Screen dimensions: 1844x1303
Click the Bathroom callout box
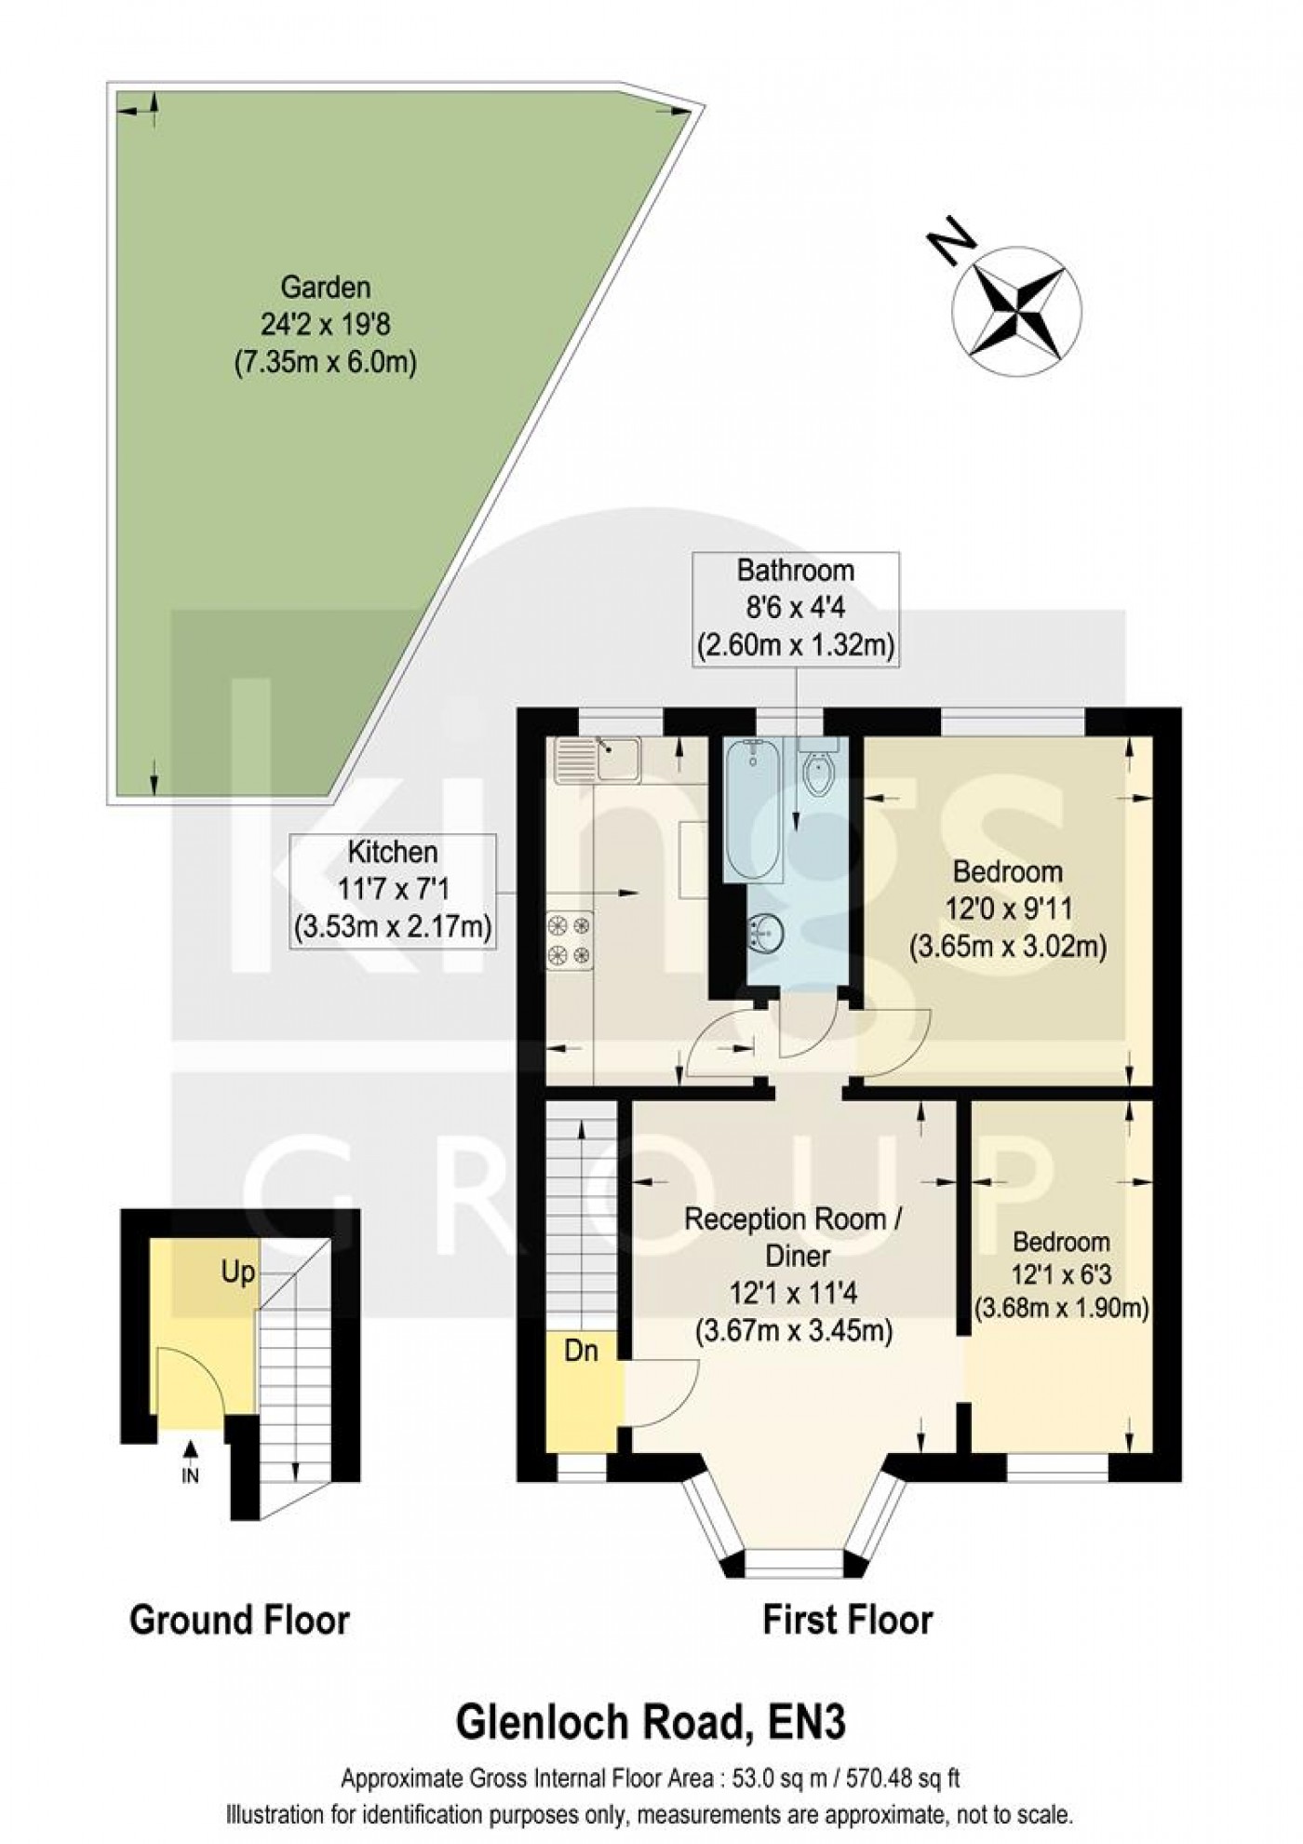[796, 608]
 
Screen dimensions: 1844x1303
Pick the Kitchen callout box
[392, 891]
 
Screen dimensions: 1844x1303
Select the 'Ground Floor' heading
[239, 1621]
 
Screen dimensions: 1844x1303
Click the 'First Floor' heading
[847, 1621]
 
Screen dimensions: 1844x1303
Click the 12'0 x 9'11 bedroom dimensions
[1007, 909]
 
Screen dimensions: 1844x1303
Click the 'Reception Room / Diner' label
[796, 1237]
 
